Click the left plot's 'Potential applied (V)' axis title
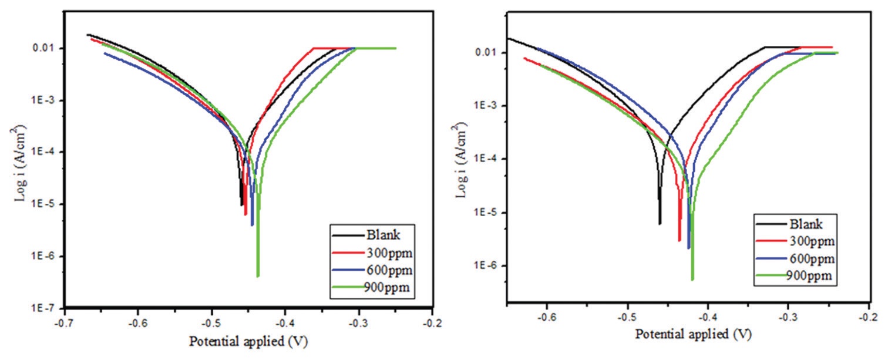[248, 341]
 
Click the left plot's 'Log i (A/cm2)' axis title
[22, 162]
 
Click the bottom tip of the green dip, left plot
[258, 275]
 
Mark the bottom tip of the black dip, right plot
[660, 223]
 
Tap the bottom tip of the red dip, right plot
[679, 240]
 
